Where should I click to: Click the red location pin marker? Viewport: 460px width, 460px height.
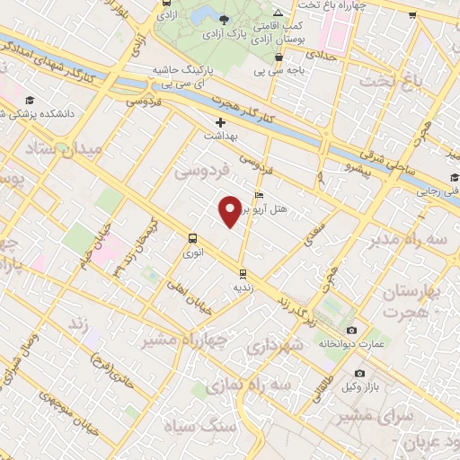tap(230, 210)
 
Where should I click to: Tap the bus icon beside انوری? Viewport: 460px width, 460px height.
tap(191, 238)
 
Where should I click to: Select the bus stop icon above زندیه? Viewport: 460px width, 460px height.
tap(242, 272)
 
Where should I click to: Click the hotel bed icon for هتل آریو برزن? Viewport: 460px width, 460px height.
tap(260, 195)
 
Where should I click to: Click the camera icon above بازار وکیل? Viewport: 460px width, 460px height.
tap(359, 373)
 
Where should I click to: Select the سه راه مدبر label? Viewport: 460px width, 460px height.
tap(401, 242)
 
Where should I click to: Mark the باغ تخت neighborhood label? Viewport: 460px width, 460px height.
tap(392, 84)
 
